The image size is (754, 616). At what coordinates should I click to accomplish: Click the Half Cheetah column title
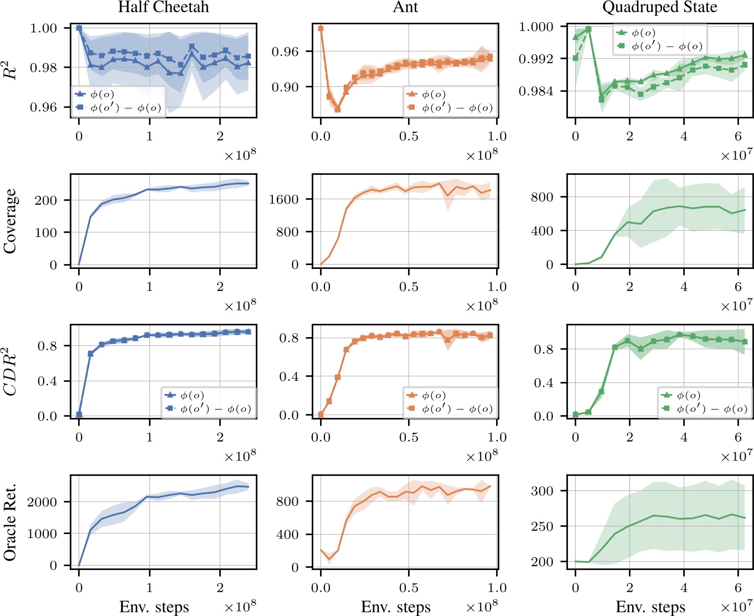tap(164, 7)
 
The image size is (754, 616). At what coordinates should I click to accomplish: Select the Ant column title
tap(405, 7)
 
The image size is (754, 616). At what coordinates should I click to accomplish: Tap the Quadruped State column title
tap(659, 7)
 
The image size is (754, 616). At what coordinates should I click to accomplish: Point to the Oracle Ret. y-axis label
tap(10, 522)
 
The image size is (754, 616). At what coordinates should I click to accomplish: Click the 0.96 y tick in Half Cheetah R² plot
tap(43, 107)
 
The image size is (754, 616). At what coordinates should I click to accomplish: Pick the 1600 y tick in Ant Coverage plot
tap(284, 199)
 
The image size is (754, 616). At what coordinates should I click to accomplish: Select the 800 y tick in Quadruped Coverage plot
tap(541, 197)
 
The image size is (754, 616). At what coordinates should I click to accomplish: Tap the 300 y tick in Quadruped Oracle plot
tap(541, 491)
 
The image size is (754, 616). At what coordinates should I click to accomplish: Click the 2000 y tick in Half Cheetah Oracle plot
tap(42, 502)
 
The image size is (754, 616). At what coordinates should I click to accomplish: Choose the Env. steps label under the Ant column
tap(396, 607)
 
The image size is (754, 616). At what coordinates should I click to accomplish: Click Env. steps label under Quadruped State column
tap(650, 607)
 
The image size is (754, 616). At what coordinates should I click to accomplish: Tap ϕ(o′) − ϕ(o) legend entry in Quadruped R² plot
tap(667, 46)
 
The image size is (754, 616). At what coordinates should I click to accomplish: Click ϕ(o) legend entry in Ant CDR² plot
tap(433, 396)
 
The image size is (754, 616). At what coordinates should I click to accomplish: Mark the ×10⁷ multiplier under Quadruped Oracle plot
tap(736, 606)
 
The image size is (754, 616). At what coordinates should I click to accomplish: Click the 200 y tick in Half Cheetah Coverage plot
tap(46, 200)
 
